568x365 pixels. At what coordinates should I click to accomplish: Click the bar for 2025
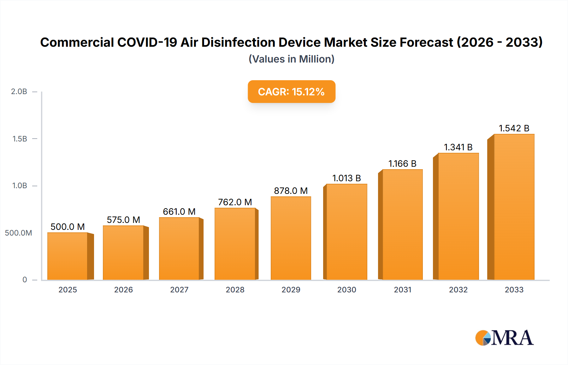click(68, 256)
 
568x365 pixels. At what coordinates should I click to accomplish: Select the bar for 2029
click(291, 238)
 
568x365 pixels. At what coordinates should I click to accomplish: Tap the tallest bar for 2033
click(514, 207)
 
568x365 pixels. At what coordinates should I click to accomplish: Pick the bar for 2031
click(402, 224)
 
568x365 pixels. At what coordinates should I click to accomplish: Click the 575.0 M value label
click(123, 220)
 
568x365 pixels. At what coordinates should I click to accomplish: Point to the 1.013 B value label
click(346, 178)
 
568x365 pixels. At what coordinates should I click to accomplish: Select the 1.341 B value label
click(458, 147)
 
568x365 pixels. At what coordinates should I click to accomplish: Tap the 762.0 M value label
click(235, 202)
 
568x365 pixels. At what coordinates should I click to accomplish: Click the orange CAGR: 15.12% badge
click(291, 92)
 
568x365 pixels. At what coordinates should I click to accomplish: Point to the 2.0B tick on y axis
click(19, 92)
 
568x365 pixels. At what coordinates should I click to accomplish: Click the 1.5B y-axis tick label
click(20, 139)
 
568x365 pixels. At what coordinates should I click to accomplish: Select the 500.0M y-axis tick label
click(18, 233)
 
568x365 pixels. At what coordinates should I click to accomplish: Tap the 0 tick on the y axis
click(25, 279)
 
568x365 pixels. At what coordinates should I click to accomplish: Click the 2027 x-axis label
click(179, 290)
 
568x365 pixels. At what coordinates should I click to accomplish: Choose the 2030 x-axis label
click(346, 290)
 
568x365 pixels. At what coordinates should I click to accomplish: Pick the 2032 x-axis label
click(458, 290)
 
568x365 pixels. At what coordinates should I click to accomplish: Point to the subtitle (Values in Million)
click(291, 59)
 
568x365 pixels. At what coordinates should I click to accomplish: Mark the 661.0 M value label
click(179, 212)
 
